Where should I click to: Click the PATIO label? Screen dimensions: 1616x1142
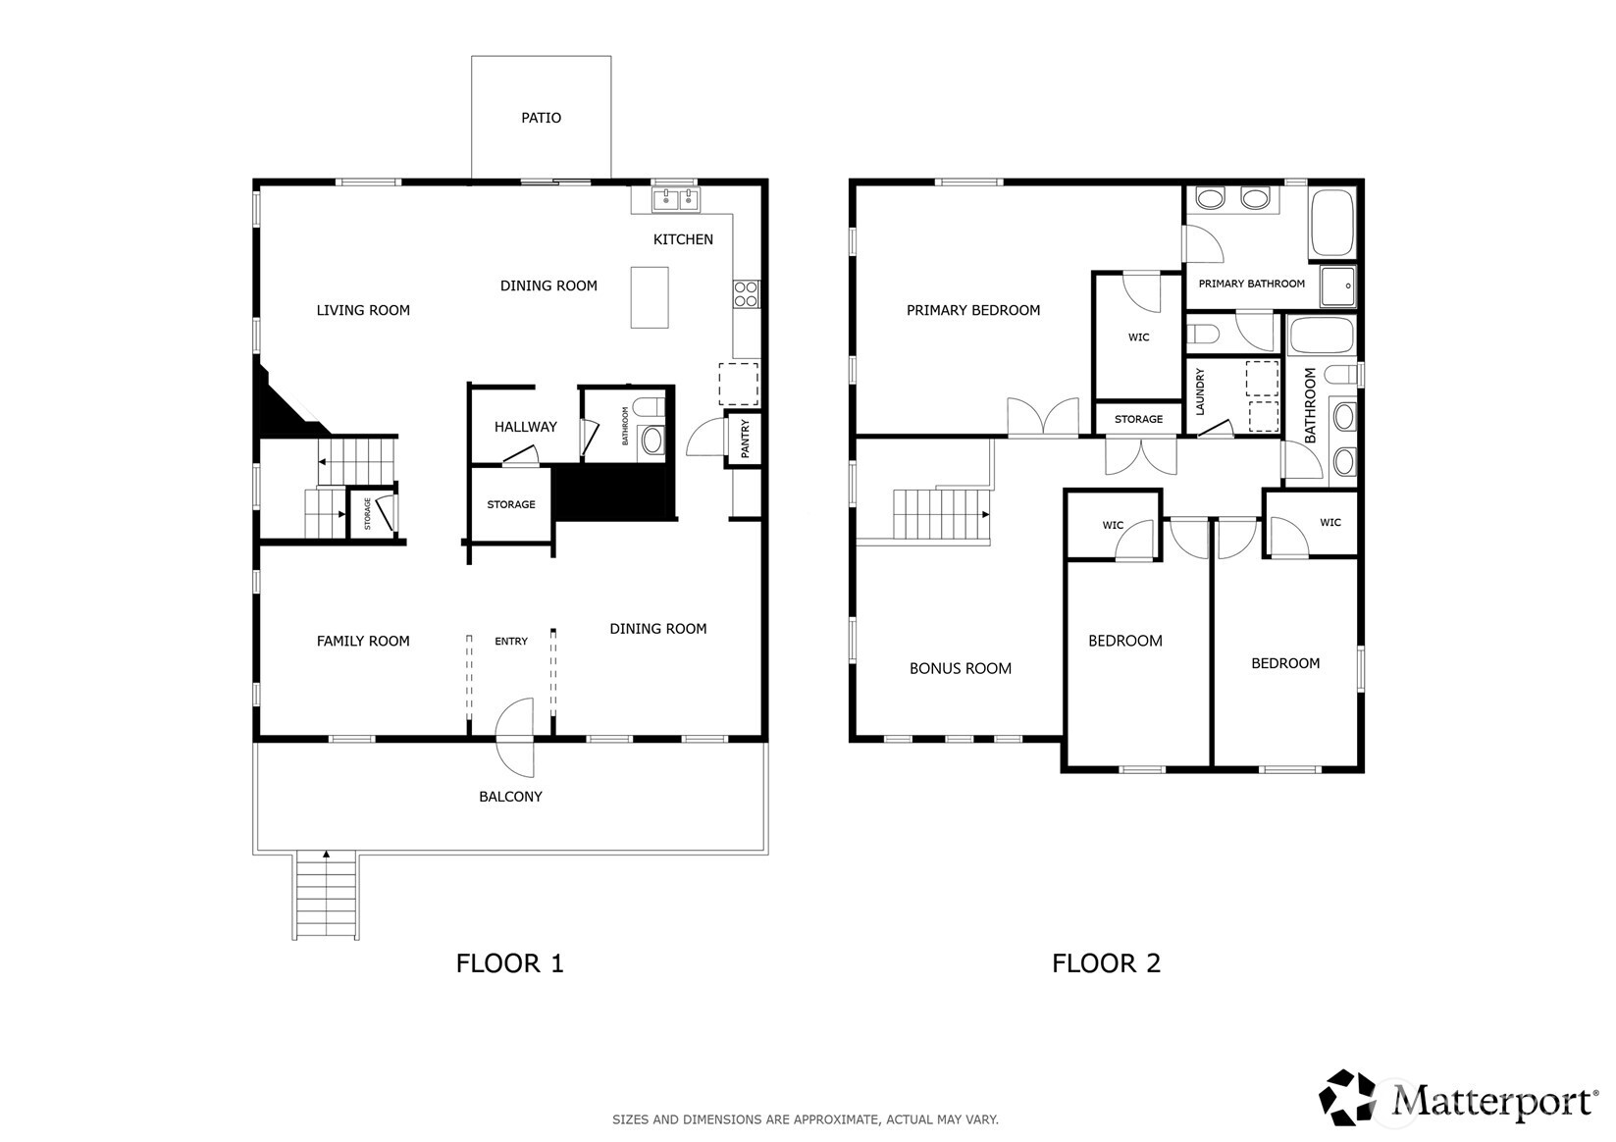(x=541, y=118)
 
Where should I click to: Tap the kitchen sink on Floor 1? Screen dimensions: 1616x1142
(x=676, y=199)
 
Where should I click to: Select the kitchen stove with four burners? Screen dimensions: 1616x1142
(x=746, y=293)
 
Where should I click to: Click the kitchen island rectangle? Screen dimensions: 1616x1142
(x=650, y=297)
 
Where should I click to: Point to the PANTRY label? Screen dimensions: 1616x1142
(x=745, y=439)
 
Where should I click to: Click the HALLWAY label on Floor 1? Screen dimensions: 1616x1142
(x=525, y=427)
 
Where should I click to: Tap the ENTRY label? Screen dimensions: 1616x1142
(x=511, y=641)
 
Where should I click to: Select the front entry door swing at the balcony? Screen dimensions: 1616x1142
(x=514, y=737)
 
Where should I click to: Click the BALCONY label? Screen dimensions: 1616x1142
(x=510, y=797)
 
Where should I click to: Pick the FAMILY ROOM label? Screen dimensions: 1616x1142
(x=363, y=641)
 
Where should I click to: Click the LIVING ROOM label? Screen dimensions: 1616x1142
(x=363, y=310)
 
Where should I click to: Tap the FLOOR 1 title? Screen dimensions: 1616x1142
(x=509, y=963)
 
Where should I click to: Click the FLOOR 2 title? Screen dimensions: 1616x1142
(x=1106, y=963)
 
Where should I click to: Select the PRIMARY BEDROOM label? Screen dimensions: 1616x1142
(x=973, y=310)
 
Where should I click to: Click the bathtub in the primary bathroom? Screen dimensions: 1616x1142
(x=1331, y=222)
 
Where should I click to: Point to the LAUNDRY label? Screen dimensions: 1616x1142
(x=1200, y=391)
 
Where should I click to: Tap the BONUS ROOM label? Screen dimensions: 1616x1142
(x=961, y=669)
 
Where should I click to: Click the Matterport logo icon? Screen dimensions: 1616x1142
(x=1347, y=1097)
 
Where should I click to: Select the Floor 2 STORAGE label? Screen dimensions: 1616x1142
(x=1138, y=419)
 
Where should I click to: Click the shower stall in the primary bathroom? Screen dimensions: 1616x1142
(x=1338, y=286)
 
